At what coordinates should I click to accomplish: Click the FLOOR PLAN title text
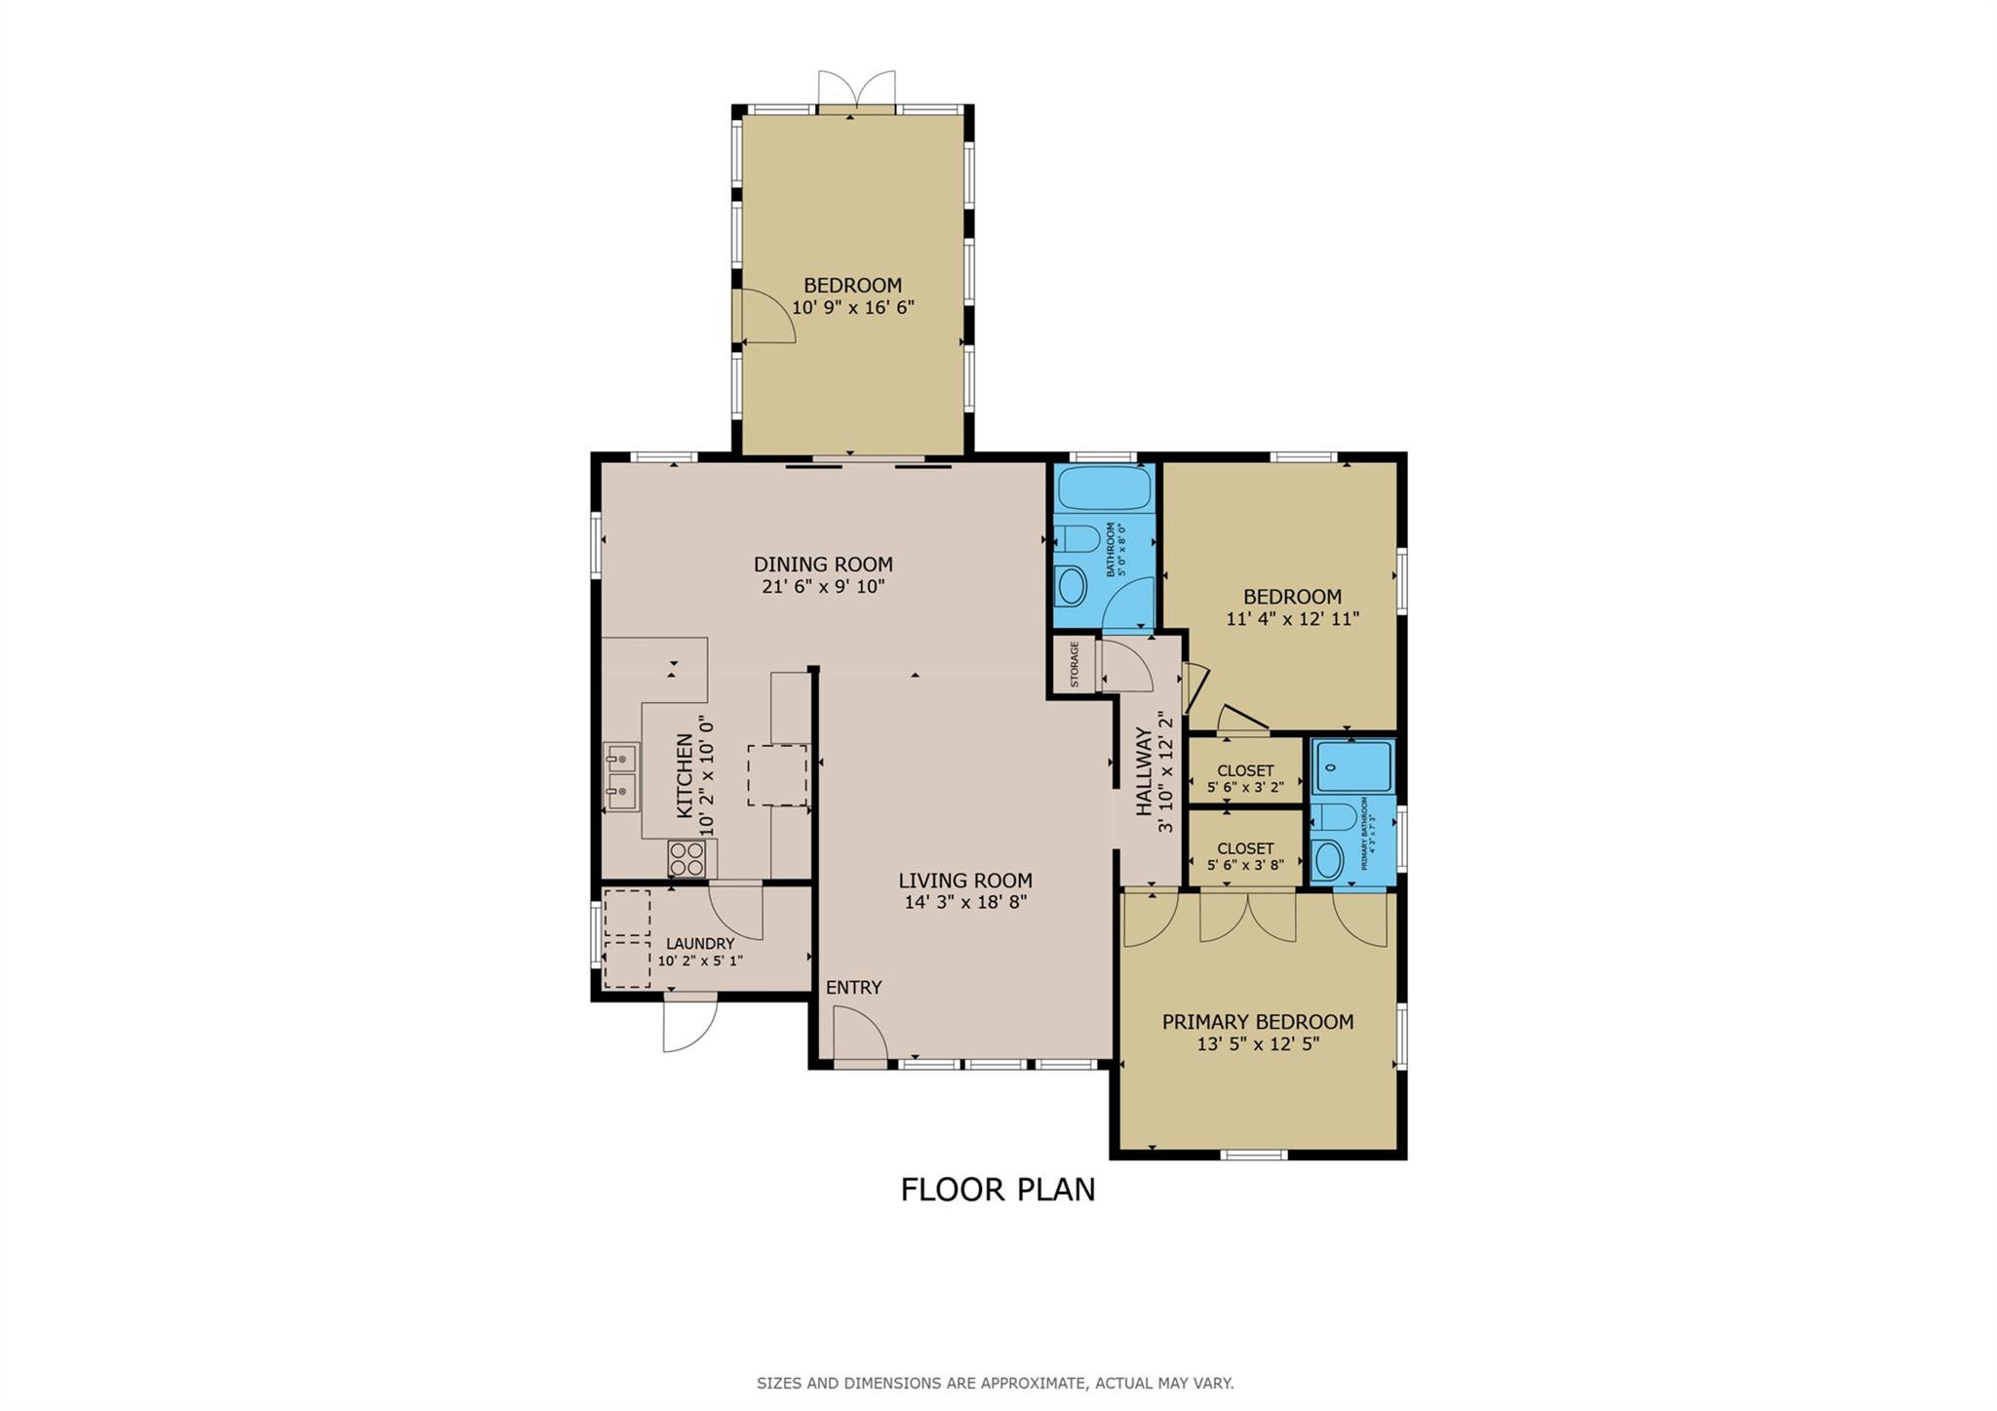pos(998,1190)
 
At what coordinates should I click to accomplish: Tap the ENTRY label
pos(853,988)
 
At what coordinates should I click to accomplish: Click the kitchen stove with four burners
pos(686,859)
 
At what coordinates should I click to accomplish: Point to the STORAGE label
pos(1075,664)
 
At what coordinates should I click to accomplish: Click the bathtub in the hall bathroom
pos(1103,488)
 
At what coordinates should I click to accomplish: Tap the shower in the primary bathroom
pos(1353,765)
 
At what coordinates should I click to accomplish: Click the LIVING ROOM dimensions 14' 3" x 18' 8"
pos(965,903)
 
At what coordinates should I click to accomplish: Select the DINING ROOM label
pos(823,564)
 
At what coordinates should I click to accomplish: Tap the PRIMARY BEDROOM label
pos(1257,1022)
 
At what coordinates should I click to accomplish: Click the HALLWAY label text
pos(1145,771)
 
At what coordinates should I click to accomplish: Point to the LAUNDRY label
pos(700,944)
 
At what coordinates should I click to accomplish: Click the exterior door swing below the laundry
pos(688,1024)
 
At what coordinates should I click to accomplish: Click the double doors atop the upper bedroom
pos(856,90)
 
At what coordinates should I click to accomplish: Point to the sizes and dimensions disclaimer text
pos(995,1383)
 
